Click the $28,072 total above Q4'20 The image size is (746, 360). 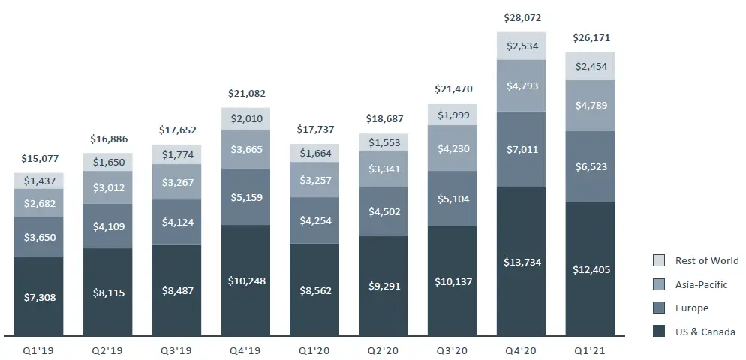click(x=522, y=17)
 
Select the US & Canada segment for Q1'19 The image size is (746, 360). click(x=38, y=297)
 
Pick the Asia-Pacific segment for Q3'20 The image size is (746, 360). click(x=453, y=148)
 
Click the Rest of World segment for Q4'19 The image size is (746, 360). click(x=245, y=118)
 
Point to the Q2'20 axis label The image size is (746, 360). click(x=383, y=350)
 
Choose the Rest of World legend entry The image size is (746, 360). click(x=696, y=260)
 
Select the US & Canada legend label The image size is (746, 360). click(x=705, y=332)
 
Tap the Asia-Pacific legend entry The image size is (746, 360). click(x=696, y=284)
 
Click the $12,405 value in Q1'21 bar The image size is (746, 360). click(x=591, y=268)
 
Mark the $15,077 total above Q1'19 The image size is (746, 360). click(x=38, y=158)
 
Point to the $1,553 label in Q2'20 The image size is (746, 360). click(x=384, y=142)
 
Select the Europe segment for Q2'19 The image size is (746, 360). click(x=107, y=226)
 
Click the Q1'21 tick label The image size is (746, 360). click(x=590, y=350)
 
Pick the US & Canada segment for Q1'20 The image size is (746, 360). click(x=314, y=289)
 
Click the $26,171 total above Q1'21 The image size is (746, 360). click(x=591, y=37)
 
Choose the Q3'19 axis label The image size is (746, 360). click(x=176, y=350)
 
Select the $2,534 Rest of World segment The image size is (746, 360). click(x=522, y=46)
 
